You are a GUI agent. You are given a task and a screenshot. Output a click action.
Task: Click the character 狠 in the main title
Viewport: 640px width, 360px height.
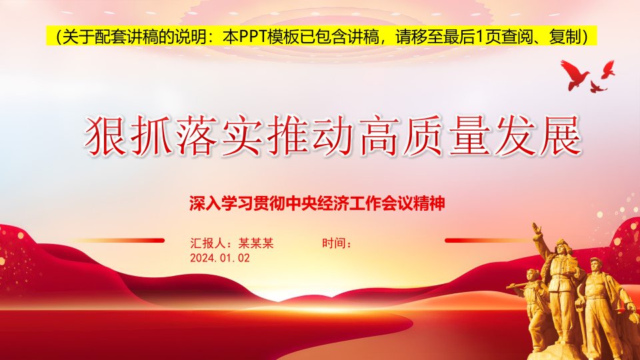pos(105,136)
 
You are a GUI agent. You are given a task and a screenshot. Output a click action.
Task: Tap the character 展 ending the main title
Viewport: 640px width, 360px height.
pos(560,136)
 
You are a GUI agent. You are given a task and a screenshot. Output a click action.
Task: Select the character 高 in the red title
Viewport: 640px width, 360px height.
pos(378,136)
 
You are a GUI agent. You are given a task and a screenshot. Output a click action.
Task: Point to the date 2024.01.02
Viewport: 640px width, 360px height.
pos(220,258)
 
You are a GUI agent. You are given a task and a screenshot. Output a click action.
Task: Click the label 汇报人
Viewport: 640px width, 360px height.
pos(208,243)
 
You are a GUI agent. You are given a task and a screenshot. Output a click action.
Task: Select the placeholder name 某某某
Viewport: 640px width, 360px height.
pos(256,243)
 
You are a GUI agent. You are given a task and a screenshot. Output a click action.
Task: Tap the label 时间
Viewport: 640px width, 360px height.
pos(334,243)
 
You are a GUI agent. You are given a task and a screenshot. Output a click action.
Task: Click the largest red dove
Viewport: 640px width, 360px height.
pos(575,74)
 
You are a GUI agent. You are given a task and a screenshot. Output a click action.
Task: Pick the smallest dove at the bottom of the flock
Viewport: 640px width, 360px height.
pos(597,86)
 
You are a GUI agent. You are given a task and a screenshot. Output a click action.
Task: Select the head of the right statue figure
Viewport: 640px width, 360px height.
pos(595,265)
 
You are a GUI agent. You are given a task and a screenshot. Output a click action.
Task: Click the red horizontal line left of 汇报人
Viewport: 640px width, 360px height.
pos(119,241)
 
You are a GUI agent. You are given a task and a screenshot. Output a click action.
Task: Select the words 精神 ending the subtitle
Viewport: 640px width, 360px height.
pos(429,203)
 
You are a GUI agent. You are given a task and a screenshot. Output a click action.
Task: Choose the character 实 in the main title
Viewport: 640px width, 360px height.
pos(241,136)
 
